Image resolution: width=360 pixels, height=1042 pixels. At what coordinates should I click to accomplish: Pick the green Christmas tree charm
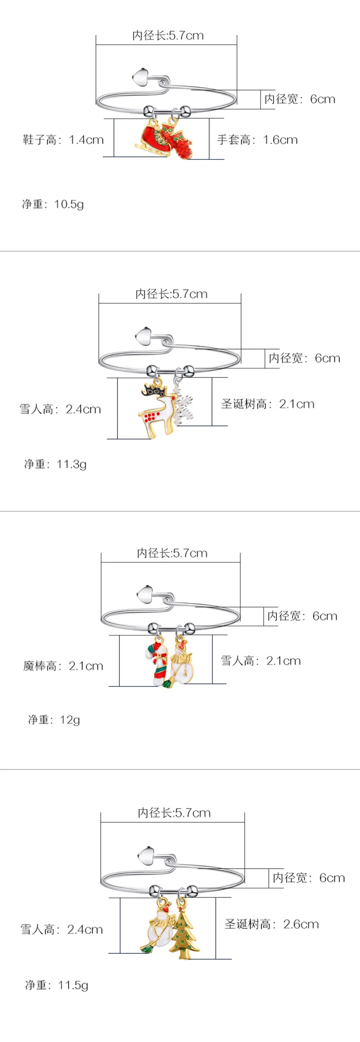(183, 932)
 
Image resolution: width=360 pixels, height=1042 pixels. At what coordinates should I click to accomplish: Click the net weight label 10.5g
(53, 204)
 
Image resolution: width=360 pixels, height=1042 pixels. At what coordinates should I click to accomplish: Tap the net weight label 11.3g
(55, 464)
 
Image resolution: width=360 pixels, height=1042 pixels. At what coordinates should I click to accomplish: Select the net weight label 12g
(54, 720)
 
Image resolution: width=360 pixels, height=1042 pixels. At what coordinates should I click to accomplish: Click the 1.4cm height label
(63, 140)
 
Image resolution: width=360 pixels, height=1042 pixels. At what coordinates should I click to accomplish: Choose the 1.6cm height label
(257, 140)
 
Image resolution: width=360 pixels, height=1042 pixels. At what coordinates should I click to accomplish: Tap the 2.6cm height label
(272, 925)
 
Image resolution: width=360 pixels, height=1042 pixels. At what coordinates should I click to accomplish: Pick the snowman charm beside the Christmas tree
(158, 927)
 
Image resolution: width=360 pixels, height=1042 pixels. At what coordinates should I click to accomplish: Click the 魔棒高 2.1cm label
(63, 666)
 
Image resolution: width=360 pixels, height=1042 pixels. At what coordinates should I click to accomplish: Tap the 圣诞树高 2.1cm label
(268, 404)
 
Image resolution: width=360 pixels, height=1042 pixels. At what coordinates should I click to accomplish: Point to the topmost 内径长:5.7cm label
(168, 36)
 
